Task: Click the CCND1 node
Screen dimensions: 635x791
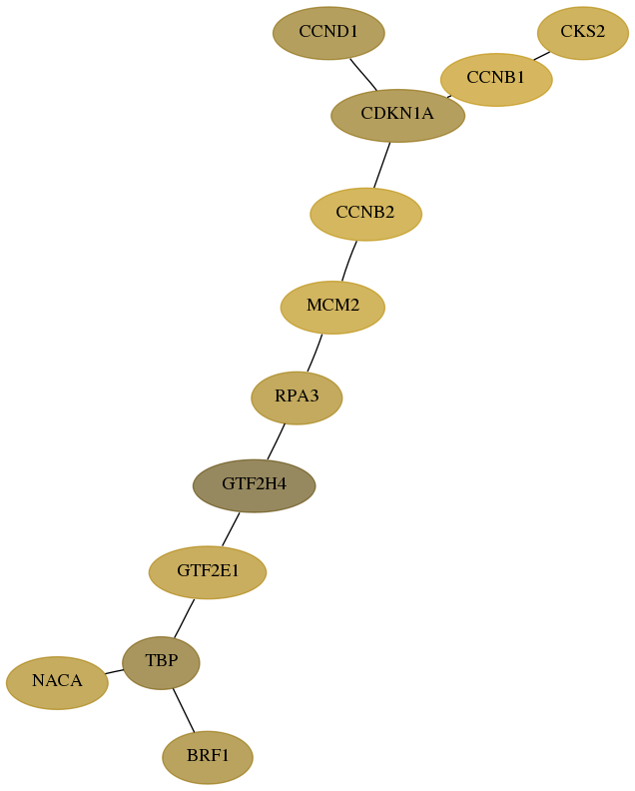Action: pos(328,33)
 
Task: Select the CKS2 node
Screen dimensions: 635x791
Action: pos(583,33)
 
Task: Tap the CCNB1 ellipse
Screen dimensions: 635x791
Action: pos(496,79)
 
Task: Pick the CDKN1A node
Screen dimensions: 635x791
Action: pos(398,116)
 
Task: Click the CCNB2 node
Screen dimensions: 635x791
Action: pos(365,214)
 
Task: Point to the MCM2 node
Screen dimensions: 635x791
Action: pos(332,307)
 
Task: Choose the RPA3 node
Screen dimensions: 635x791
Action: pos(298,397)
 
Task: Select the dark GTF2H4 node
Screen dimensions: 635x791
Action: pos(255,485)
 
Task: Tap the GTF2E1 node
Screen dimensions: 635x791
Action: pos(208,572)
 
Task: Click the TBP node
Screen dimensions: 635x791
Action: pos(162,662)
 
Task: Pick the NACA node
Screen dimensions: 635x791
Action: pos(58,682)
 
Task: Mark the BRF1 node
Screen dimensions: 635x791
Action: pos(208,757)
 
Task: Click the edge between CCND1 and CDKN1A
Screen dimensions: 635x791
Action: pos(363,75)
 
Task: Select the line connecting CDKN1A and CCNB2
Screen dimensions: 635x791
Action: pos(381,166)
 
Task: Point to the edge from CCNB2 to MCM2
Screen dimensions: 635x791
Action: pos(349,261)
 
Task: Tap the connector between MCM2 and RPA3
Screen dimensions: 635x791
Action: pos(315,353)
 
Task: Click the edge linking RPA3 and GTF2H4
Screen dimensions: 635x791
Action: pos(276,441)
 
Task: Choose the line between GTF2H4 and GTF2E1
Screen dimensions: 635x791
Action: pos(231,529)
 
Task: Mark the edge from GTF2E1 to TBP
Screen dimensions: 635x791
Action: pos(184,618)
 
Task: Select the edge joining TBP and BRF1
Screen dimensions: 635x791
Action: pos(184,710)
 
